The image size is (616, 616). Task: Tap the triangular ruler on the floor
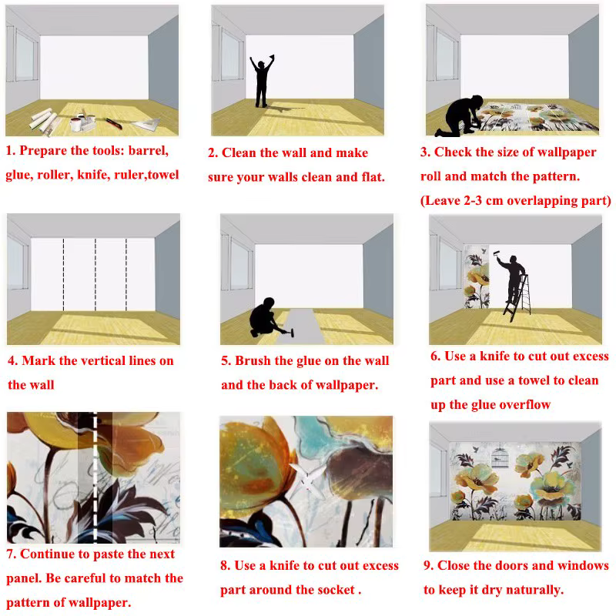[x=147, y=125]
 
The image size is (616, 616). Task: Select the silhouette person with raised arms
[x=262, y=81]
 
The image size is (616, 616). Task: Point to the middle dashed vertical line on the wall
[x=95, y=275]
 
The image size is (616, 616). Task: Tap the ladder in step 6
[x=517, y=298]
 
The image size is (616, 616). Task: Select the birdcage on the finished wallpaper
[x=500, y=458]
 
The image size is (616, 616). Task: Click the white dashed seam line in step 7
[x=95, y=477]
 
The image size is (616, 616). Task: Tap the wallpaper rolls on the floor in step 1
[x=43, y=119]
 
